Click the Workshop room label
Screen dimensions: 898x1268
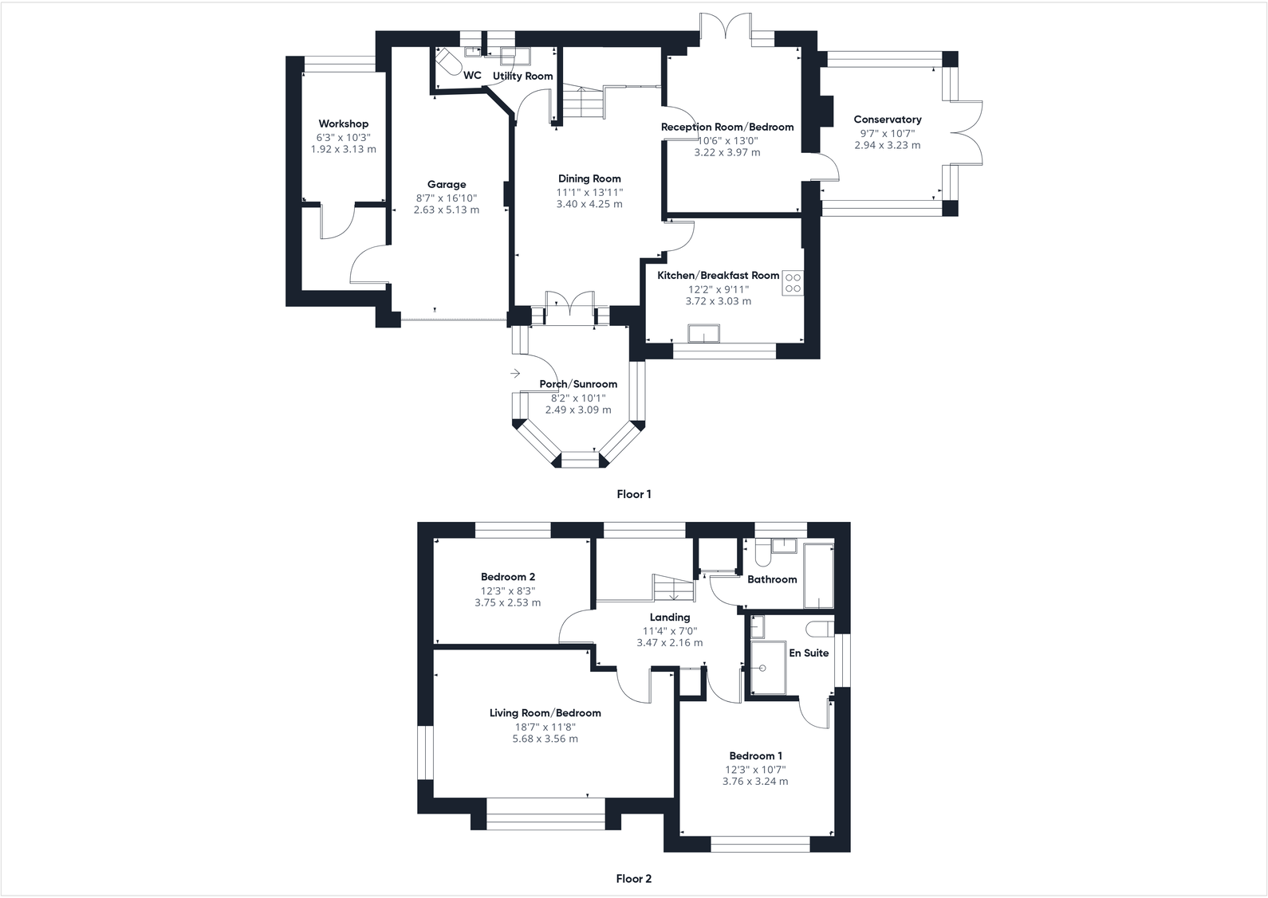[343, 124]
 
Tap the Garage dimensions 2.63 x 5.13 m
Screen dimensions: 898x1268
[446, 210]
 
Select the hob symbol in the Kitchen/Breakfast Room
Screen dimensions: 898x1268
[793, 283]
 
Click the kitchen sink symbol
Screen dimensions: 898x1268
[704, 332]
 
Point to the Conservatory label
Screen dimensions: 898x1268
[887, 120]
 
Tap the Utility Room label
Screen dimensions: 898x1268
[522, 76]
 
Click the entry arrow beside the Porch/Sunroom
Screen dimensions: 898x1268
[515, 373]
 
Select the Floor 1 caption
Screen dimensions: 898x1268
[633, 494]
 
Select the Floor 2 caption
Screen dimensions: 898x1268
[633, 879]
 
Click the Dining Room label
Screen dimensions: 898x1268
[589, 178]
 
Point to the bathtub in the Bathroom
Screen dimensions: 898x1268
[818, 575]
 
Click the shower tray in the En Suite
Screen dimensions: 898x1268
[768, 668]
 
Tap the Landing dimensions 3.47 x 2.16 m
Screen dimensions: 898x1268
[669, 642]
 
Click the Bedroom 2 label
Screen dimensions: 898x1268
[507, 577]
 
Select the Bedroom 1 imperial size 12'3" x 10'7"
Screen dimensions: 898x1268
[754, 769]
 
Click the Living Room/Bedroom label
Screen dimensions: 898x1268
[545, 713]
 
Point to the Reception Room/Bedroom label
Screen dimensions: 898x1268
[727, 127]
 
